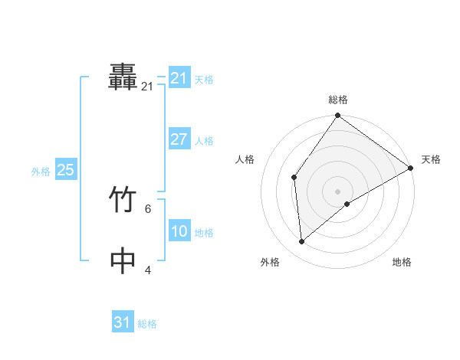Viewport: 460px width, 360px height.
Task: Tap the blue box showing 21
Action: point(179,78)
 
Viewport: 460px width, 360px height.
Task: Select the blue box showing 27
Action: point(179,139)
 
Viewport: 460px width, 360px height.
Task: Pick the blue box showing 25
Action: point(66,170)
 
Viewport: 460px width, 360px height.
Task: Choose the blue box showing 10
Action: point(179,231)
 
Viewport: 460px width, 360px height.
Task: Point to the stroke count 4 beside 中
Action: point(147,270)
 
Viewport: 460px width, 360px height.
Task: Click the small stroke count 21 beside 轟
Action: point(147,87)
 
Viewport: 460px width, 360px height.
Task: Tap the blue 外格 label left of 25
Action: point(41,172)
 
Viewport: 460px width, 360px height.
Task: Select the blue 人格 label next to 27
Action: point(204,141)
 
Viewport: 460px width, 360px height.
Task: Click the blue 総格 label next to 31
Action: point(147,324)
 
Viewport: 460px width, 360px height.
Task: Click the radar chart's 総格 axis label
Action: point(338,100)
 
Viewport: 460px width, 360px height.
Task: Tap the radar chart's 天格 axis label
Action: point(431,159)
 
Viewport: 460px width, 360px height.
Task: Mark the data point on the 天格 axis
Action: point(411,168)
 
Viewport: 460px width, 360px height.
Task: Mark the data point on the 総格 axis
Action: point(338,116)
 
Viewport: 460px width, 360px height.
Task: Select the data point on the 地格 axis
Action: point(347,204)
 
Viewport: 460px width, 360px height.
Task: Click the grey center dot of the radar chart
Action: point(338,191)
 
